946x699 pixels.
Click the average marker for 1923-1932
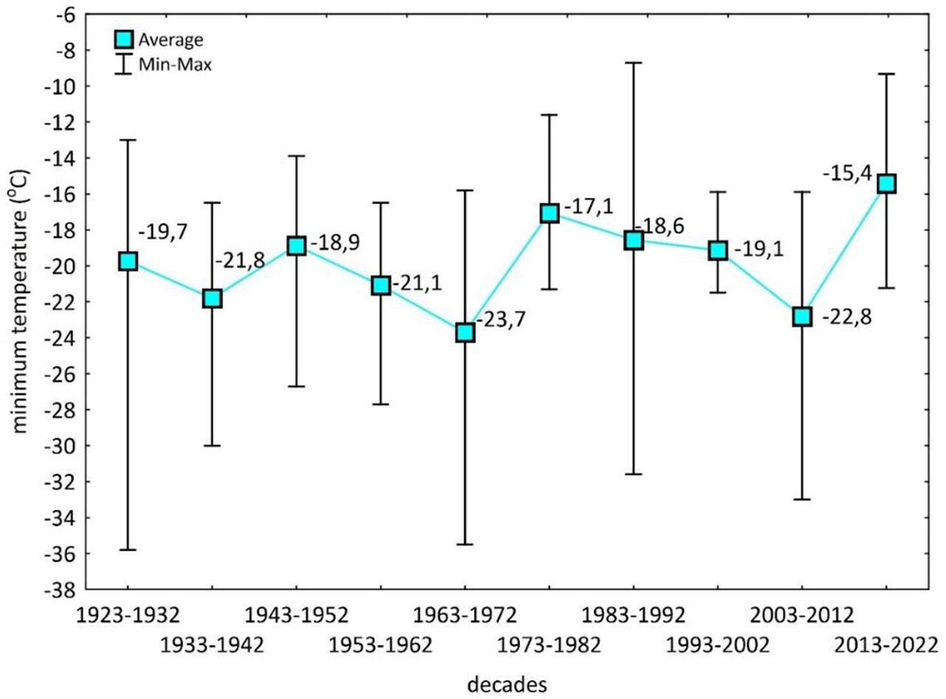point(128,261)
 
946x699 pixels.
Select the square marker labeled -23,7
point(465,332)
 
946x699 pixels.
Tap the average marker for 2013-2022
point(885,183)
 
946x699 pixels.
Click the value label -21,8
point(236,260)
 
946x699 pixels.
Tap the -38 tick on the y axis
point(65,590)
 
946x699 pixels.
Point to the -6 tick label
point(69,15)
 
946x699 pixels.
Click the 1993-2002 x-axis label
point(717,644)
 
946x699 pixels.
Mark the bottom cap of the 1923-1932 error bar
point(128,550)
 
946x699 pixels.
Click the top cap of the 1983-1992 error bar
point(633,63)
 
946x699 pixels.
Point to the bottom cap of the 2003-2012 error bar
point(802,499)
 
